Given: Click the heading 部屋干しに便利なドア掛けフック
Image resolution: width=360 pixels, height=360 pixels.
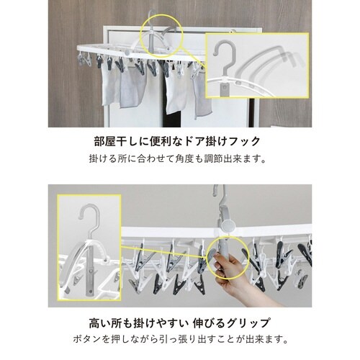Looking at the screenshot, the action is (177, 141).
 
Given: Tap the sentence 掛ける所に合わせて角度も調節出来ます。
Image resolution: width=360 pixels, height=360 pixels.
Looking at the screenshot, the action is (178, 158).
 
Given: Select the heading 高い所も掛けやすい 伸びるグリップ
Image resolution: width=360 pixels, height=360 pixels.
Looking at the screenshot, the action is (179, 323).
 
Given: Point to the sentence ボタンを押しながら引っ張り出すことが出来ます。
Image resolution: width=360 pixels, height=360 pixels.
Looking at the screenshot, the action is (180, 339).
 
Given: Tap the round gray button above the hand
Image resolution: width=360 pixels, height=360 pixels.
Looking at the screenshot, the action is (227, 225).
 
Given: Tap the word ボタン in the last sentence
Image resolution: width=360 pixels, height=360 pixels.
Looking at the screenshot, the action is (86, 339).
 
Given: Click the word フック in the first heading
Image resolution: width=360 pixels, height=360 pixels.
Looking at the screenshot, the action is (245, 141).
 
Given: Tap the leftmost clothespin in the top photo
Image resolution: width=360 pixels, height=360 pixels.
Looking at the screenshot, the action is (81, 59).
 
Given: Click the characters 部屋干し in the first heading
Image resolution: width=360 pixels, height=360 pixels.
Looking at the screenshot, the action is (115, 141).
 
